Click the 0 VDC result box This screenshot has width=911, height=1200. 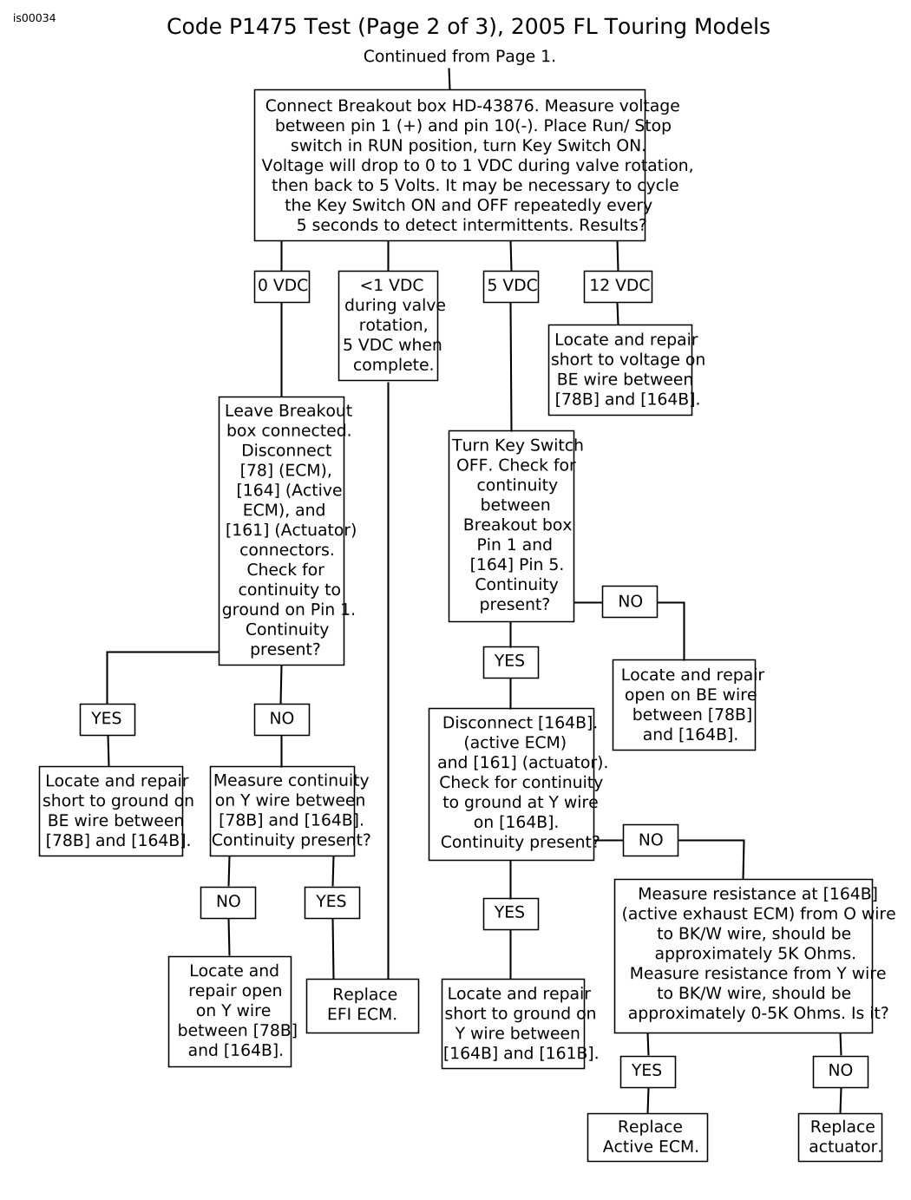click(x=282, y=286)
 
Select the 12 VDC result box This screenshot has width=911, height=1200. click(x=618, y=286)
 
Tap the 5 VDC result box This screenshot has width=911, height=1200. click(x=511, y=286)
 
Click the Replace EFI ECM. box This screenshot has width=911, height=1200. click(x=363, y=1006)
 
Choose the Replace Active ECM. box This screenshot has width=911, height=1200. click(x=647, y=1138)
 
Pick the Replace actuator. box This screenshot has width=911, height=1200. click(x=840, y=1138)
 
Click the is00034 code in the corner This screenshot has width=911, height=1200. click(x=35, y=18)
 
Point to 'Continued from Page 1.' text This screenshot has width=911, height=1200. click(x=459, y=57)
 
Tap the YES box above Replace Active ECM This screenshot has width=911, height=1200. click(x=647, y=1072)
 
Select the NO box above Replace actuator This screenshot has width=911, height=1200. click(x=840, y=1072)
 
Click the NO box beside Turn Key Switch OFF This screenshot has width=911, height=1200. click(x=630, y=602)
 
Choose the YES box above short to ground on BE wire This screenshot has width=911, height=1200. click(x=108, y=719)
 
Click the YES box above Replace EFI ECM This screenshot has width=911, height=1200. click(x=331, y=902)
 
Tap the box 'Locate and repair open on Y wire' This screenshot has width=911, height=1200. click(x=230, y=1012)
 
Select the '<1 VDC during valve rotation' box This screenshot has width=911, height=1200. click(x=388, y=325)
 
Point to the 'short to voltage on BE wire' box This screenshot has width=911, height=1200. click(x=620, y=370)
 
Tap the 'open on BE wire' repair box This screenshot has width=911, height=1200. click(x=684, y=705)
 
